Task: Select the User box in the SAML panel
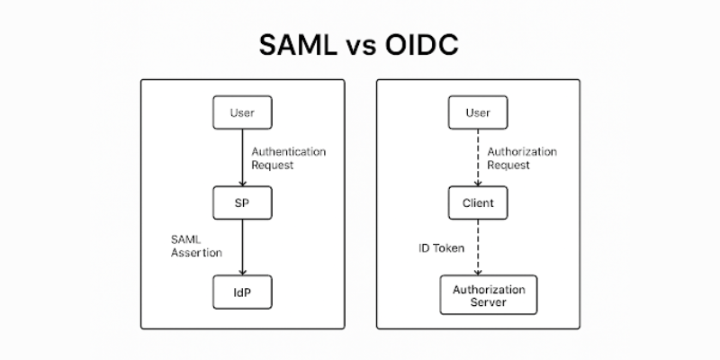pyautogui.click(x=242, y=112)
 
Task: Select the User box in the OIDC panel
pyautogui.click(x=478, y=112)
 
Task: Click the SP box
pyautogui.click(x=242, y=202)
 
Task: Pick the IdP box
pyautogui.click(x=242, y=292)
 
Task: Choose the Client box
pyautogui.click(x=478, y=202)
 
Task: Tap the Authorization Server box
pyautogui.click(x=488, y=295)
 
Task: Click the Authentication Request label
pyautogui.click(x=288, y=158)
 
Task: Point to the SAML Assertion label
pyautogui.click(x=196, y=247)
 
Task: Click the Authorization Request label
pyautogui.click(x=521, y=158)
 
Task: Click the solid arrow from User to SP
pyautogui.click(x=242, y=157)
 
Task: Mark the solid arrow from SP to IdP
pyautogui.click(x=242, y=247)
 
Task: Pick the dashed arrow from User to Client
pyautogui.click(x=478, y=157)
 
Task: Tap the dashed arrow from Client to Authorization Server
pyautogui.click(x=478, y=247)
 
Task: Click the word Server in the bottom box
pyautogui.click(x=488, y=302)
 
